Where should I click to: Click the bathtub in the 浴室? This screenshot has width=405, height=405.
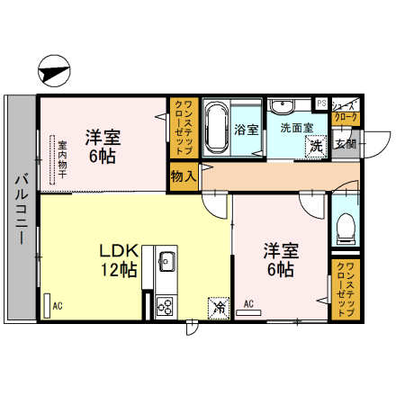point(215,130)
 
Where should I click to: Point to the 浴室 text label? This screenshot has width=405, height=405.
point(246,130)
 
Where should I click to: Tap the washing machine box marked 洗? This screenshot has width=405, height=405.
point(316,146)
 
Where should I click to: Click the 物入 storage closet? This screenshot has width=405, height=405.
point(184,175)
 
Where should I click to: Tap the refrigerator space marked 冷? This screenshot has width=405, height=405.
point(219,308)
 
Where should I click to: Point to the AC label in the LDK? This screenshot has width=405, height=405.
point(57,307)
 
